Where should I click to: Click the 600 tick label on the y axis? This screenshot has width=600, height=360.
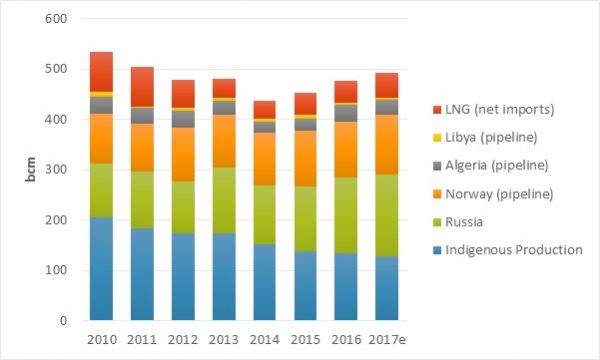tap(56, 19)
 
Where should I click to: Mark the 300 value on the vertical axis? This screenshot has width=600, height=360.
tap(56, 170)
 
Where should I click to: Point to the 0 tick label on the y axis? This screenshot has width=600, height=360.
tap(64, 321)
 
